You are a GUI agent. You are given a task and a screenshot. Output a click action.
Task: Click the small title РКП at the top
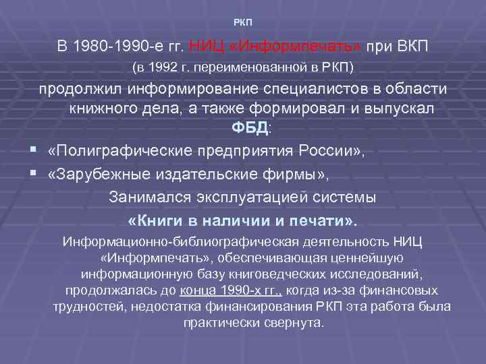coord(242,23)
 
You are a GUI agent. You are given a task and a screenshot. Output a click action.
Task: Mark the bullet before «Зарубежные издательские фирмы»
coord(32,175)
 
